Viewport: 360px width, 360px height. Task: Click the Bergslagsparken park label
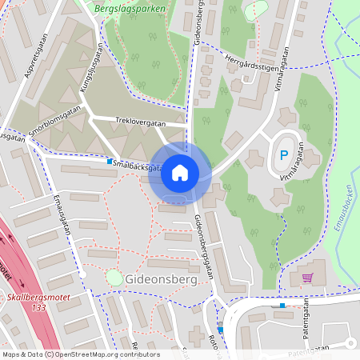[x=130, y=10]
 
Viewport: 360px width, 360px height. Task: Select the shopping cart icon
[x=307, y=278]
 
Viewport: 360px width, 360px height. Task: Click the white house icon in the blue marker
[x=179, y=172]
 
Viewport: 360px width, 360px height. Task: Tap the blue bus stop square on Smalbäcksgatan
[x=110, y=161]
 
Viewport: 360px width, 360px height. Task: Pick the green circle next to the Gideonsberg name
[x=114, y=277]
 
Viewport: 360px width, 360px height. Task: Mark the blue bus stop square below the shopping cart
[x=282, y=305]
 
